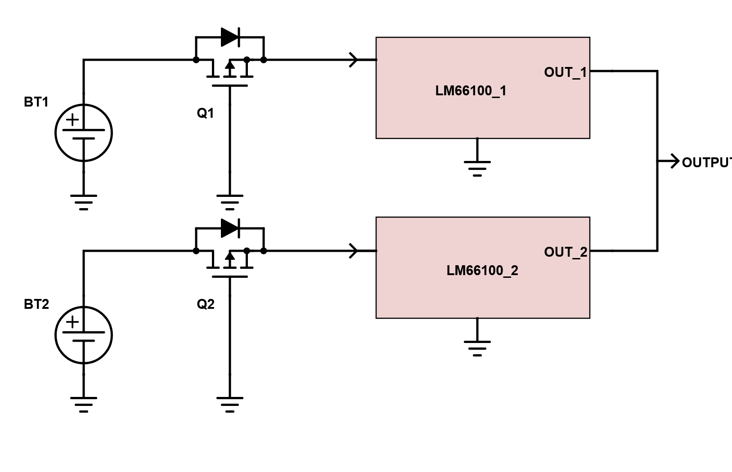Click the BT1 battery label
coord(36,102)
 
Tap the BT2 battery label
coord(36,304)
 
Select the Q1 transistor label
coord(205,113)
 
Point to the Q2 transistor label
coord(206,304)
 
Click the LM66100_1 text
coord(471,91)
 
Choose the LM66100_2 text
coord(482,271)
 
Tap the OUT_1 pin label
coord(566,72)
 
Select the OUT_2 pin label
coord(566,252)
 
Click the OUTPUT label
coord(707,163)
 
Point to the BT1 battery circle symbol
coord(55,133)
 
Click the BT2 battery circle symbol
coord(55,335)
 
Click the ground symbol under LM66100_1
coord(477,169)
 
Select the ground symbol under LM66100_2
coord(477,348)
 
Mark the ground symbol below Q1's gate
coord(230,202)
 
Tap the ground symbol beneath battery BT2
coord(84,405)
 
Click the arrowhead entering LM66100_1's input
coord(354,60)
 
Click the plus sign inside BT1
coord(72,120)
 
